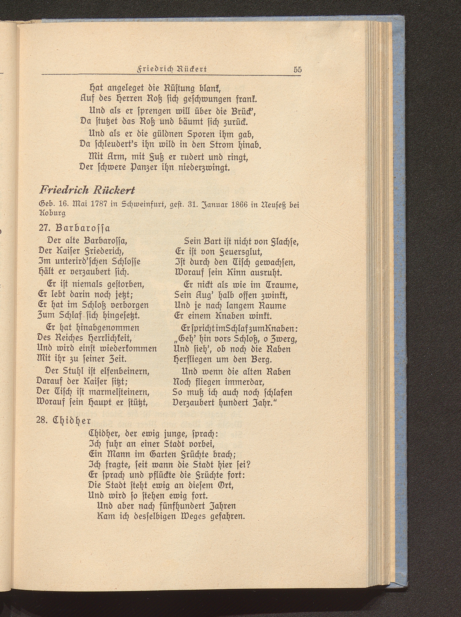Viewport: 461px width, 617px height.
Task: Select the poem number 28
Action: click(x=42, y=420)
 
